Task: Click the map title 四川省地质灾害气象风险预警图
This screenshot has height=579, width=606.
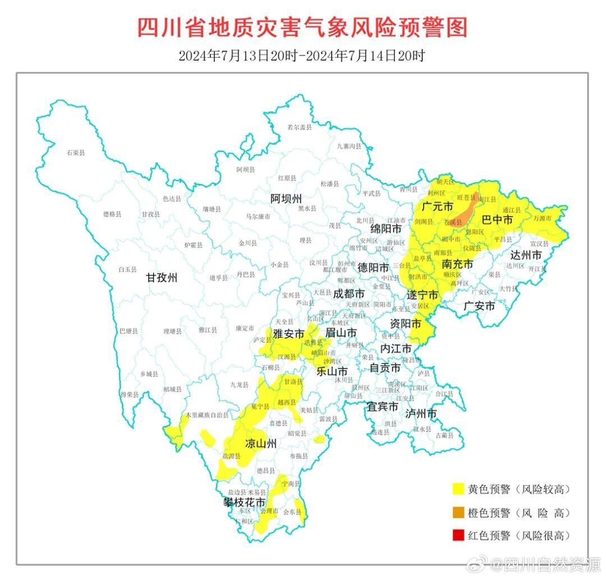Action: pyautogui.click(x=302, y=27)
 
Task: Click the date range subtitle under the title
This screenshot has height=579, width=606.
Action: pyautogui.click(x=302, y=56)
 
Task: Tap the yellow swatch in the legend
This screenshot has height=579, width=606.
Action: pyautogui.click(x=459, y=489)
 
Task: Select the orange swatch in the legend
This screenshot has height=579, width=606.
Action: pyautogui.click(x=459, y=512)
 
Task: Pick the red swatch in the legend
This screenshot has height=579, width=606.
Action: pyautogui.click(x=459, y=535)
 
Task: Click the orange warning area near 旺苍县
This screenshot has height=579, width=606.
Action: pyautogui.click(x=463, y=215)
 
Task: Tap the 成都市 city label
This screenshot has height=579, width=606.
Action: pyautogui.click(x=348, y=293)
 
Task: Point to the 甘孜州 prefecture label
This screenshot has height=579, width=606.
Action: pyautogui.click(x=162, y=277)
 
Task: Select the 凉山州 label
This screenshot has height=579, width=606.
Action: pyautogui.click(x=261, y=444)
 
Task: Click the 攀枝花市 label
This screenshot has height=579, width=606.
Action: pyautogui.click(x=244, y=503)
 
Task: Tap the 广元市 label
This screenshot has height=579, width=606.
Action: pyautogui.click(x=437, y=207)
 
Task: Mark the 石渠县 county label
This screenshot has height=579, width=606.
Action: pyautogui.click(x=75, y=152)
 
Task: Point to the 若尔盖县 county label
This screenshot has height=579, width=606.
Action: pyautogui.click(x=299, y=127)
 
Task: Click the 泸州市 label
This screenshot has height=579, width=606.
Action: pyautogui.click(x=421, y=413)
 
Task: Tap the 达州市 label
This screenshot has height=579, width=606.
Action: pyautogui.click(x=526, y=255)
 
